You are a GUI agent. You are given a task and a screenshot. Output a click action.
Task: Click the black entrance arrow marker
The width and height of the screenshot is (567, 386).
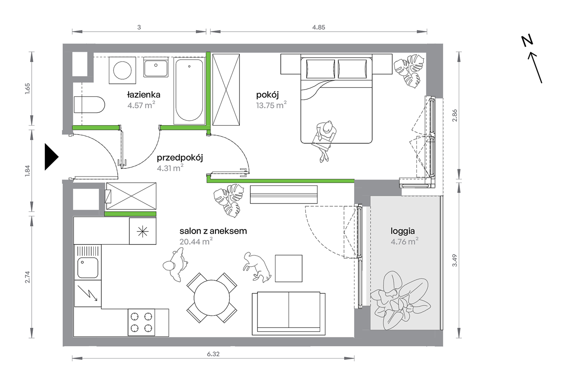[x=51, y=157]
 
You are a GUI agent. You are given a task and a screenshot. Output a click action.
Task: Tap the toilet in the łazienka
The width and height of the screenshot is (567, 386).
[x=89, y=104]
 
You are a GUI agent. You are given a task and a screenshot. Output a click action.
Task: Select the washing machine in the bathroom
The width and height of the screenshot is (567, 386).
[x=122, y=70]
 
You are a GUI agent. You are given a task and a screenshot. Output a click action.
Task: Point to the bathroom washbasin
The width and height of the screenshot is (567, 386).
[x=156, y=67]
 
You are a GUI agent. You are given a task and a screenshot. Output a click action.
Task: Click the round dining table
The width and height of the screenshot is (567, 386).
[x=212, y=298]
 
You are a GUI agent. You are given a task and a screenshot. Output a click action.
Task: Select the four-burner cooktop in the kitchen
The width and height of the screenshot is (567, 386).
[x=141, y=322]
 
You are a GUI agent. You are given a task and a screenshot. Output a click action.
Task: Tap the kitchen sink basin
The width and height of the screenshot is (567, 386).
[x=88, y=268]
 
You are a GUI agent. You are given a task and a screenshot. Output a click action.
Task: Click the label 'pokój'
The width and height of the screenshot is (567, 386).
[x=267, y=95]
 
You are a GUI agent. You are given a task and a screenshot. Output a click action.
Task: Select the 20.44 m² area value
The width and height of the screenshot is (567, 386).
[x=196, y=241]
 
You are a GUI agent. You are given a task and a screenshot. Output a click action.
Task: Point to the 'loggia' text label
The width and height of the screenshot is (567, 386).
[x=403, y=231]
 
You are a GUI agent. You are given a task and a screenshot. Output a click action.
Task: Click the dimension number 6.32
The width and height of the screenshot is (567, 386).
[x=213, y=354]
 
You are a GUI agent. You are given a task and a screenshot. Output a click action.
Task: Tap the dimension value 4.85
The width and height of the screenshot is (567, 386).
[x=318, y=27]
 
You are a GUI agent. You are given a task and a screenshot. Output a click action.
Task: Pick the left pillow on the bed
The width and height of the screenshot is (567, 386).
[x=320, y=69]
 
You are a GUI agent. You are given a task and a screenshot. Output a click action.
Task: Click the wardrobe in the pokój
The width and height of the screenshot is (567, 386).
[x=226, y=89]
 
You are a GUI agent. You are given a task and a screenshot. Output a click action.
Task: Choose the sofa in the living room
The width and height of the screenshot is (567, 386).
[x=289, y=313]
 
